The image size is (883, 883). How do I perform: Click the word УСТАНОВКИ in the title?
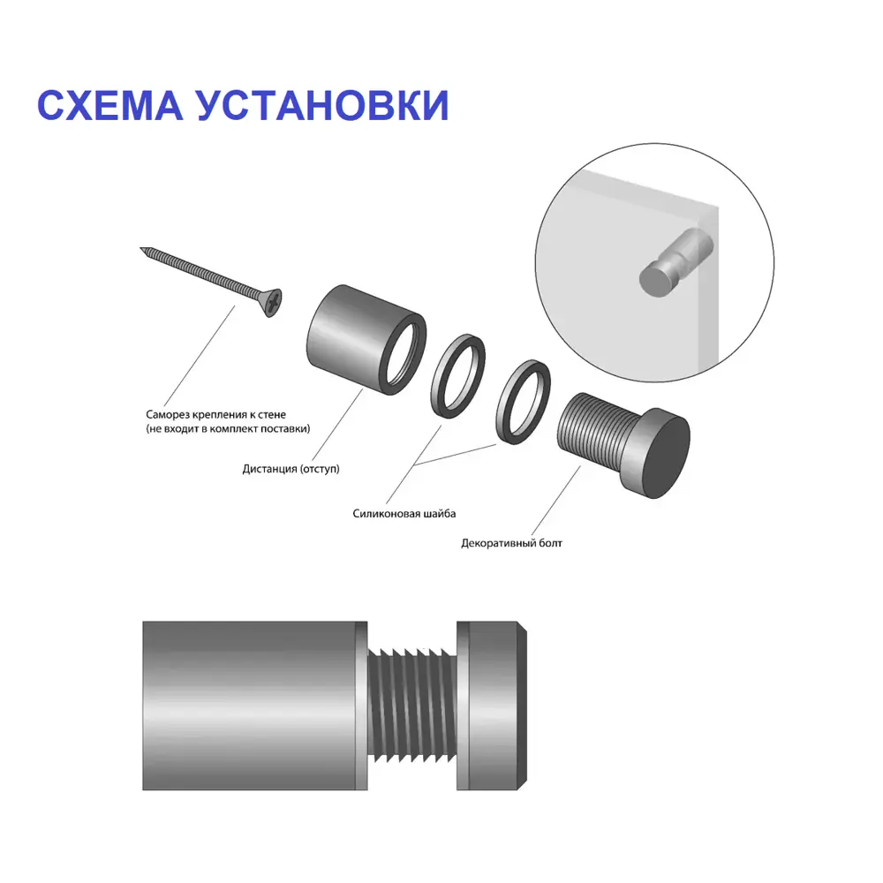tap(322, 105)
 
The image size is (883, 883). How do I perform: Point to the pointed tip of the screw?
tap(144, 251)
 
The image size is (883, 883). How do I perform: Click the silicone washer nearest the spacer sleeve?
tap(458, 376)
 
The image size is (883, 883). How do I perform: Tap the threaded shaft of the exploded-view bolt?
tap(592, 432)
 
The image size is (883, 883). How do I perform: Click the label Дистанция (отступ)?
tap(291, 468)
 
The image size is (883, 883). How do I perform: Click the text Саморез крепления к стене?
tap(216, 414)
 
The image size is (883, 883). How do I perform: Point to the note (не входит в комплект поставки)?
tap(229, 429)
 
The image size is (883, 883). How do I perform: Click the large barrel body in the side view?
tap(252, 705)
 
